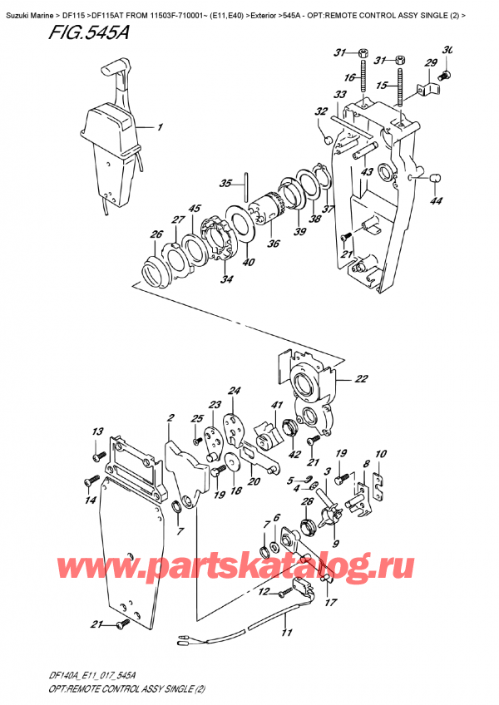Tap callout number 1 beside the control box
click(x=161, y=128)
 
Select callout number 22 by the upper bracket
click(x=360, y=379)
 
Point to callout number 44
click(x=436, y=201)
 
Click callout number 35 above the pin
click(x=225, y=184)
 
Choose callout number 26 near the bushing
click(x=156, y=235)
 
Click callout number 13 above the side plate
click(x=97, y=431)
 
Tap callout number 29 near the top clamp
click(x=431, y=63)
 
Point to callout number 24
click(x=235, y=391)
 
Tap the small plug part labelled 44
click(x=433, y=176)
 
